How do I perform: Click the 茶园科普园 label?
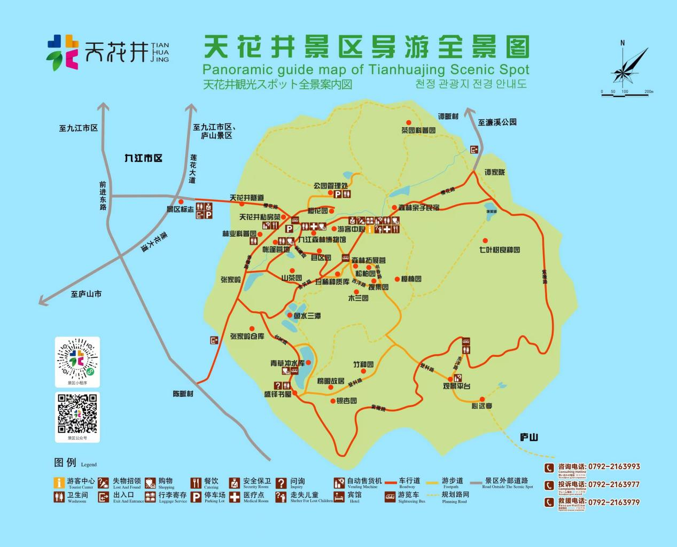point(418,130)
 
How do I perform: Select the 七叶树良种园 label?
point(499,250)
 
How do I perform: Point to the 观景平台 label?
point(456,386)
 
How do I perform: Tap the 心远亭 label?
point(482,406)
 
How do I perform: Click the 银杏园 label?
point(346,401)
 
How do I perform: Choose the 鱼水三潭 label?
point(307,316)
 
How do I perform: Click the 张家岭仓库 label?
point(247,336)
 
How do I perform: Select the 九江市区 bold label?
point(143,158)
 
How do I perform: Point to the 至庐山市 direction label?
point(86,294)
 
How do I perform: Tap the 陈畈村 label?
point(183,394)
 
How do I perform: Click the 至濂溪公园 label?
point(497,122)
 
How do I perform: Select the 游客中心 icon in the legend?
point(59,483)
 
